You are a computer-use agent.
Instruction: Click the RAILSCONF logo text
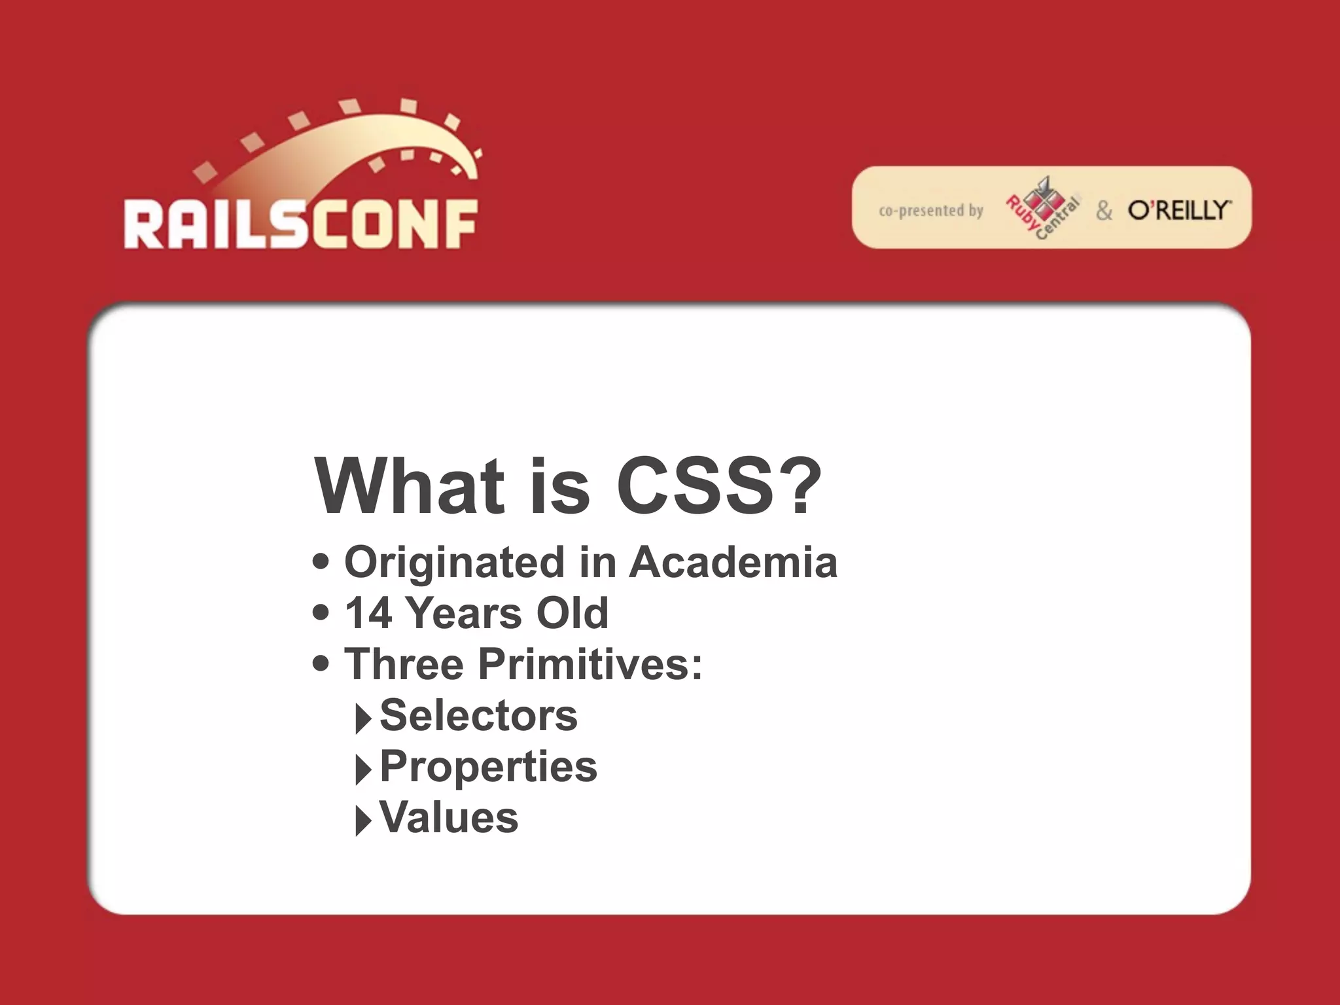300,224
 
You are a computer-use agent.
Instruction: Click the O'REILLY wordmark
1179,210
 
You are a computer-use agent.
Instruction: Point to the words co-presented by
930,211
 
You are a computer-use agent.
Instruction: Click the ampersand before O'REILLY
1104,211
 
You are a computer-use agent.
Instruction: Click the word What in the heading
410,486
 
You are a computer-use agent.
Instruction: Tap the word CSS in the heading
695,486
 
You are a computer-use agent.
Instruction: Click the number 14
368,613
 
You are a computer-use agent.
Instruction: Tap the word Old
572,613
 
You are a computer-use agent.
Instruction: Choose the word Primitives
590,664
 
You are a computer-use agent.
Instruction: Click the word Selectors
478,715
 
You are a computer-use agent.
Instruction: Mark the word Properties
488,767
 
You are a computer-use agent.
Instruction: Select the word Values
449,817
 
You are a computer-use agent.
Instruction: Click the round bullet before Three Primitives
321,663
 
